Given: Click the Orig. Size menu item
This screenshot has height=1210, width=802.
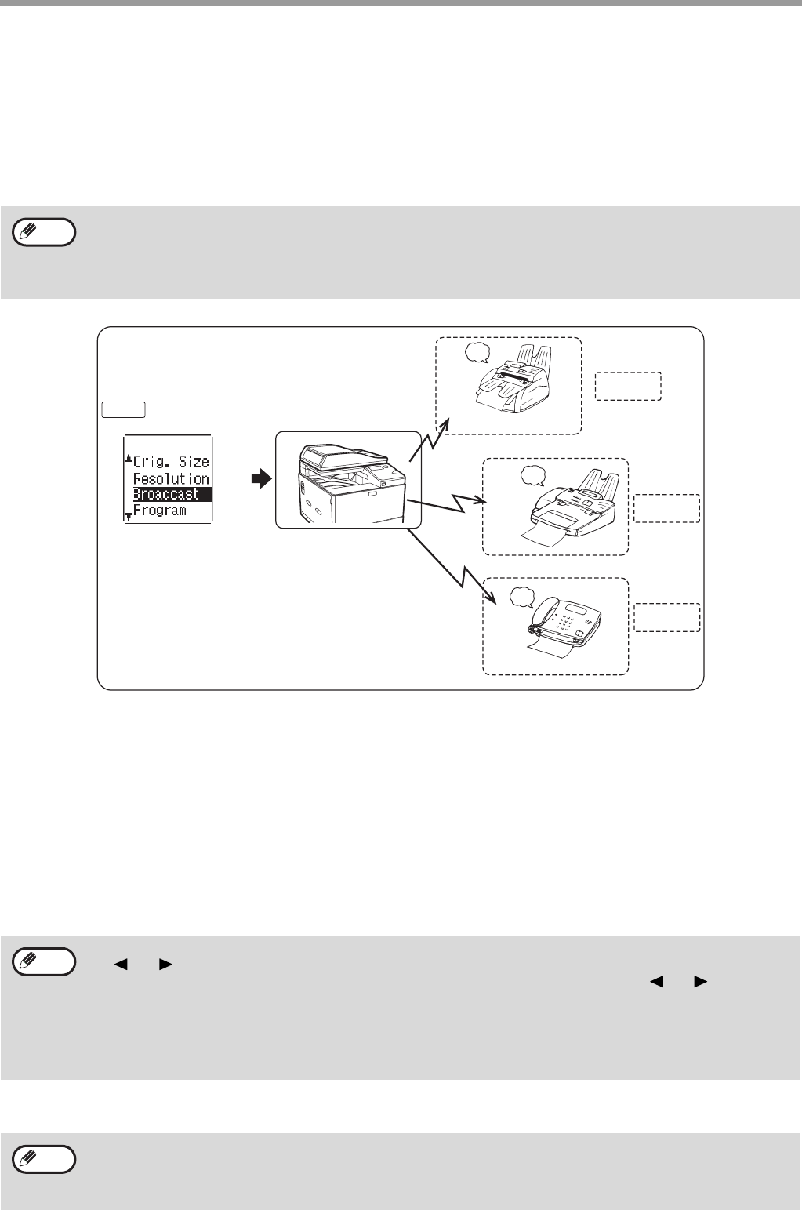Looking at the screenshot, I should pos(171,461).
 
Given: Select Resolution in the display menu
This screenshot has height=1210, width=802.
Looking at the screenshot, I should pos(171,478).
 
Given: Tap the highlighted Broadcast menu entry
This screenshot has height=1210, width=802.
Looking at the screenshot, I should pos(165,495).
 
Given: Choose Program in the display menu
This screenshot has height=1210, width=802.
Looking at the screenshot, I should pos(160,511).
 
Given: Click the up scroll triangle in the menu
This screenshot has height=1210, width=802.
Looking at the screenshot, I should pos(129,459).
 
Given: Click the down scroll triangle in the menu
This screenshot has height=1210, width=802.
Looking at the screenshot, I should pos(129,516).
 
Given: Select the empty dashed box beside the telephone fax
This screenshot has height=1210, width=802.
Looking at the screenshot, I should pos(666,617).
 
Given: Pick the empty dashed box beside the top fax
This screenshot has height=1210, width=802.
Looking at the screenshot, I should pos(628,386).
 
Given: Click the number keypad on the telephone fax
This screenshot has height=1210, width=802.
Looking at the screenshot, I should pos(565,627).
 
